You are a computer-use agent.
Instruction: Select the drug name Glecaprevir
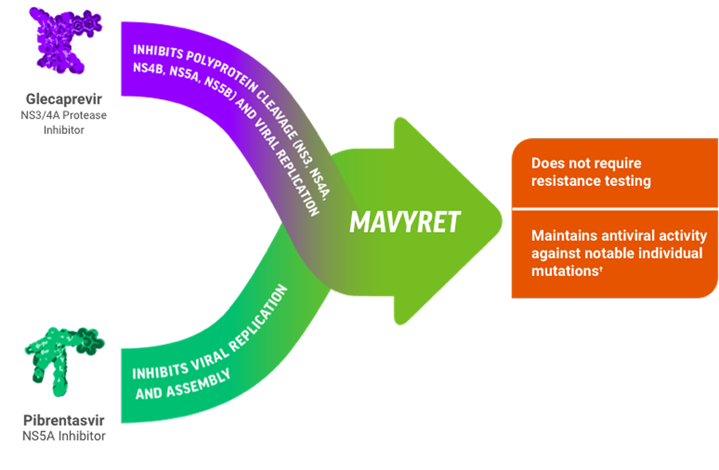pos(64,99)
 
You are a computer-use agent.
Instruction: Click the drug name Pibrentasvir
pos(64,420)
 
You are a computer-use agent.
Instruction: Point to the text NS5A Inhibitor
pos(64,436)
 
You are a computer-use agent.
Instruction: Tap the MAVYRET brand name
pos(405,222)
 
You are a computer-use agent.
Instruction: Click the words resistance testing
pos(591,181)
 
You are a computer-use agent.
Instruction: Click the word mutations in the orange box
pos(564,271)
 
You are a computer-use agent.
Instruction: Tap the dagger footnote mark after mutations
pos(601,268)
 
